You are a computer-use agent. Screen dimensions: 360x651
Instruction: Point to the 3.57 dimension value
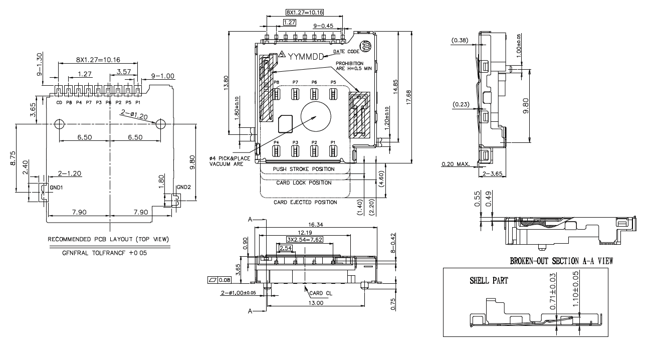(x=123, y=72)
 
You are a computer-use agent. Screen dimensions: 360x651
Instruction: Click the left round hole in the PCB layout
(x=59, y=124)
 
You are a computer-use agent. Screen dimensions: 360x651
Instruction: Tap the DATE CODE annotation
(x=346, y=51)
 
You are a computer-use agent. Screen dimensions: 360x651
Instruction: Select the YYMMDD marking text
(x=307, y=56)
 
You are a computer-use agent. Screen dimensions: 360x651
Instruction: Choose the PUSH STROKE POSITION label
(x=304, y=169)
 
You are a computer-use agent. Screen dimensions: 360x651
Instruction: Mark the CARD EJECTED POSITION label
(x=305, y=202)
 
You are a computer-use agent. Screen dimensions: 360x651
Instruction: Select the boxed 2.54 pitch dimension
(x=286, y=248)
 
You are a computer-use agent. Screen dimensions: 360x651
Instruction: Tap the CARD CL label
(x=321, y=293)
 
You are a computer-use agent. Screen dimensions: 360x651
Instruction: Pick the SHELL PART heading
(x=489, y=281)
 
